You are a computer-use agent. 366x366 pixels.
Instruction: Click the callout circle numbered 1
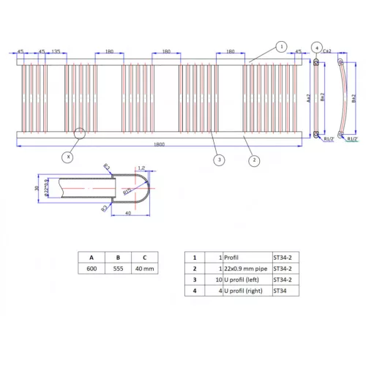click(x=280, y=46)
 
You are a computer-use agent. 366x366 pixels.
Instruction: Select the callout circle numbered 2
click(x=253, y=160)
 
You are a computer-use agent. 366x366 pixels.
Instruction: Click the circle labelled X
click(x=68, y=156)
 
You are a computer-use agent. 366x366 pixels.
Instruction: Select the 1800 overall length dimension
click(x=159, y=144)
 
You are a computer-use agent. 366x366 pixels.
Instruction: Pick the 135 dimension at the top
click(x=56, y=52)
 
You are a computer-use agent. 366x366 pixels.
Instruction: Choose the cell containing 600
click(x=91, y=269)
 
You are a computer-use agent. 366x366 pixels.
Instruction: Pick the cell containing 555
click(x=118, y=269)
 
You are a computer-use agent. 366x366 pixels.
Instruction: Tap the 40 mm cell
click(x=144, y=269)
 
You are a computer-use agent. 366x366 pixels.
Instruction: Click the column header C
click(x=144, y=258)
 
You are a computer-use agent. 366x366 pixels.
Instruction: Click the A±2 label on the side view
click(x=308, y=97)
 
